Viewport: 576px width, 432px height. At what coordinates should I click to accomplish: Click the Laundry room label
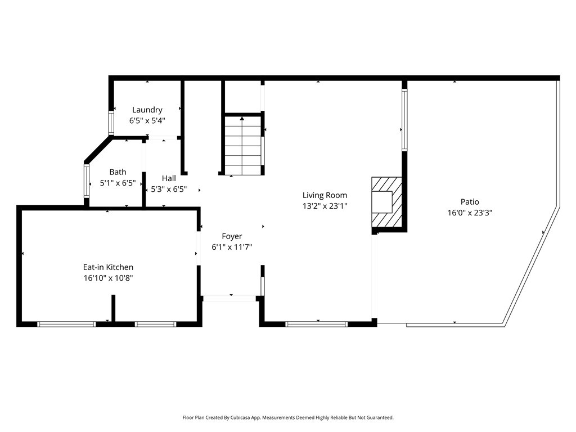(147, 110)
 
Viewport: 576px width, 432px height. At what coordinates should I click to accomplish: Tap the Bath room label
(118, 172)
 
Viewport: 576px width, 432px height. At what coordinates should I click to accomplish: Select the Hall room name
(169, 178)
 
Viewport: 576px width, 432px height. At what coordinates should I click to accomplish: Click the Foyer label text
(232, 236)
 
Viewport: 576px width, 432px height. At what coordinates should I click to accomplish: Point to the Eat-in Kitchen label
(108, 267)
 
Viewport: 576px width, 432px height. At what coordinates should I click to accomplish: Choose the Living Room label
(325, 195)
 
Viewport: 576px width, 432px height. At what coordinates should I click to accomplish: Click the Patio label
(470, 201)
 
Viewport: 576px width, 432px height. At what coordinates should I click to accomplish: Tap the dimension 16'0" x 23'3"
(470, 213)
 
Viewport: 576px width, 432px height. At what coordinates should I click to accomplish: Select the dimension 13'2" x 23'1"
(325, 206)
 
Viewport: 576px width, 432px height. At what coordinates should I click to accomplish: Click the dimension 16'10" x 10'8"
(108, 278)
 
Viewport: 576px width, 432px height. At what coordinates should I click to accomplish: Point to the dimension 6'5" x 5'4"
(147, 120)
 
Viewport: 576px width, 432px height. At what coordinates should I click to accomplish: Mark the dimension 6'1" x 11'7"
(232, 247)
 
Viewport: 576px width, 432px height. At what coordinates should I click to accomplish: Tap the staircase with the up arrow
(242, 145)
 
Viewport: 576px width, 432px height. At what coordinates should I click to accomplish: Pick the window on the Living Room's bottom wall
(317, 323)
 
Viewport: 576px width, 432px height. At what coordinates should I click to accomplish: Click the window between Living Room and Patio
(404, 120)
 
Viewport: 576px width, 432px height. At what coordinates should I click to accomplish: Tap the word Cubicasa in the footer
(251, 418)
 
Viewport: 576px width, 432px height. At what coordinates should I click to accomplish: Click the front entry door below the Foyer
(229, 298)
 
